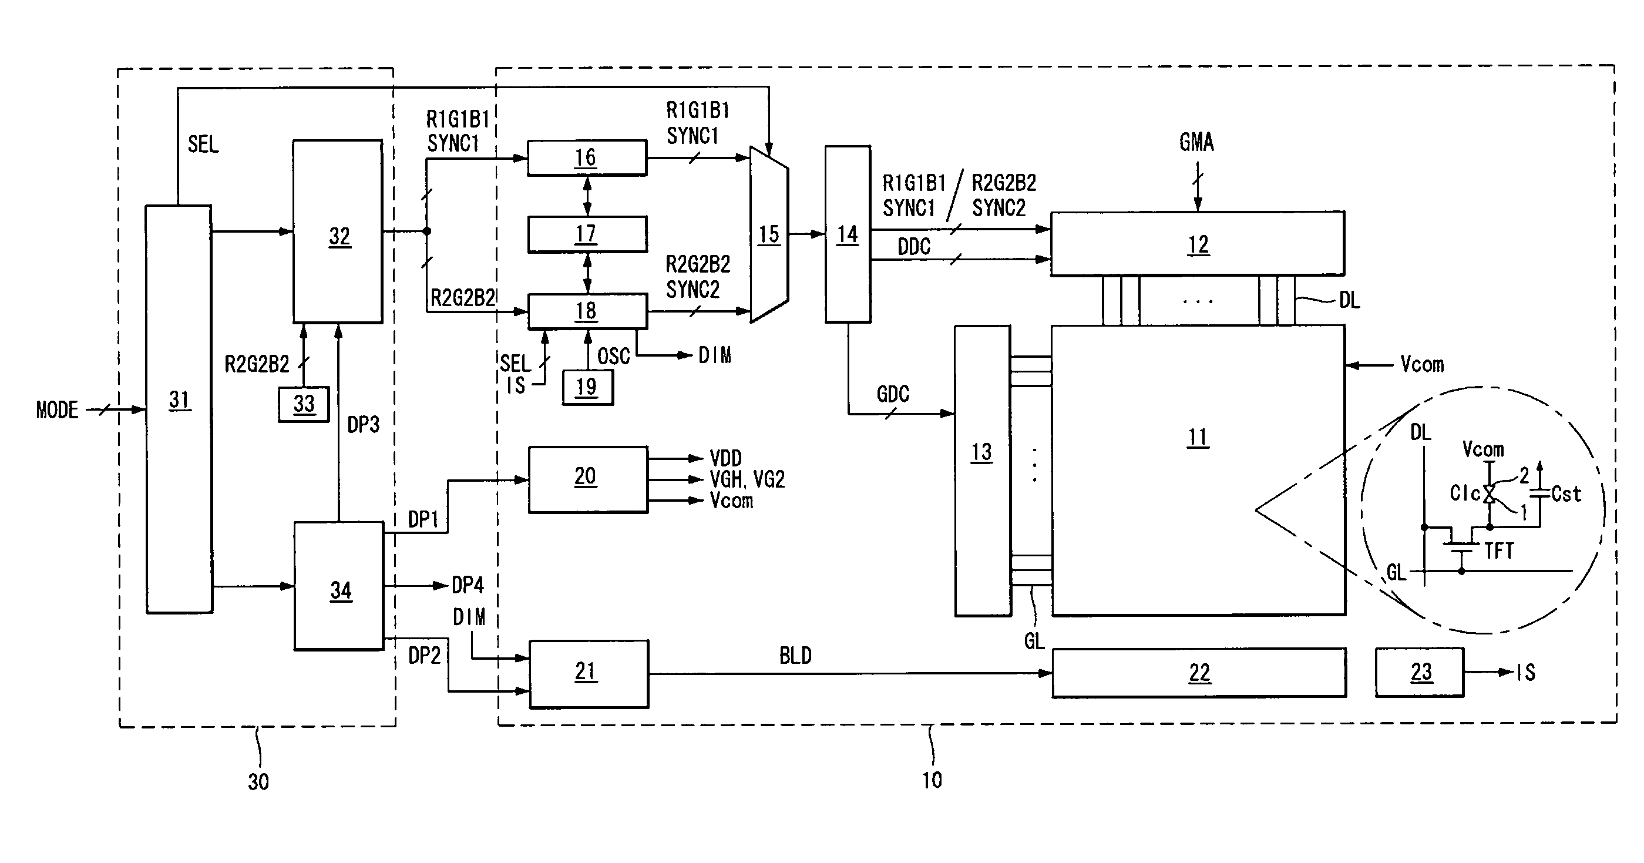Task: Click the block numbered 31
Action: pos(179,409)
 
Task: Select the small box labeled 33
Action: pos(304,404)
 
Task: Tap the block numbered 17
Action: pos(587,234)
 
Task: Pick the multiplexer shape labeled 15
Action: pos(769,234)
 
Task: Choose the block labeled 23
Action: pos(1420,672)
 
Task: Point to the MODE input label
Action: pos(57,410)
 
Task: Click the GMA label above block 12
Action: pos(1196,142)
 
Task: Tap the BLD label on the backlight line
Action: pos(795,656)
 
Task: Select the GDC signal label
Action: pos(893,394)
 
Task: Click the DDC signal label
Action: pos(914,246)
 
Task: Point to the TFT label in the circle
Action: pos(1498,551)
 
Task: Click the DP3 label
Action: pos(363,425)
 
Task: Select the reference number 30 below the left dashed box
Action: pos(258,781)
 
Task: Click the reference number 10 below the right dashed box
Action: pos(932,780)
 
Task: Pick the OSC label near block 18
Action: pos(613,355)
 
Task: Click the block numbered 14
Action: pos(848,234)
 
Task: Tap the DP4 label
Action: pos(468,585)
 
